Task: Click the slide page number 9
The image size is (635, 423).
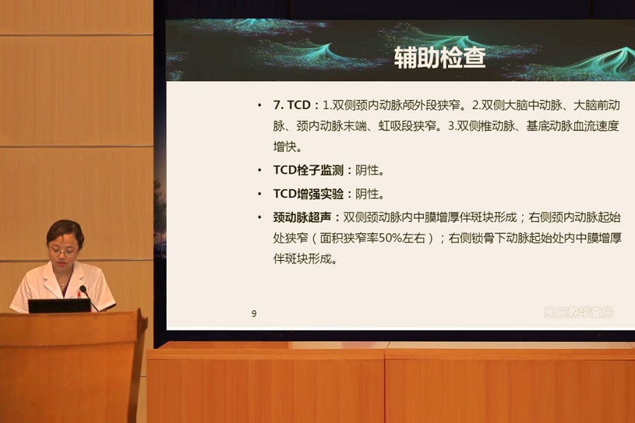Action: click(x=254, y=314)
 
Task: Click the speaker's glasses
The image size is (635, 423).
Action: click(x=63, y=250)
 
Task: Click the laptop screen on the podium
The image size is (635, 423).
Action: click(x=59, y=306)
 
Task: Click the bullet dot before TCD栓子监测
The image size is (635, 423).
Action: click(x=262, y=170)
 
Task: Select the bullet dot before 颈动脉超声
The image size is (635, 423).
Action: click(x=262, y=216)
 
